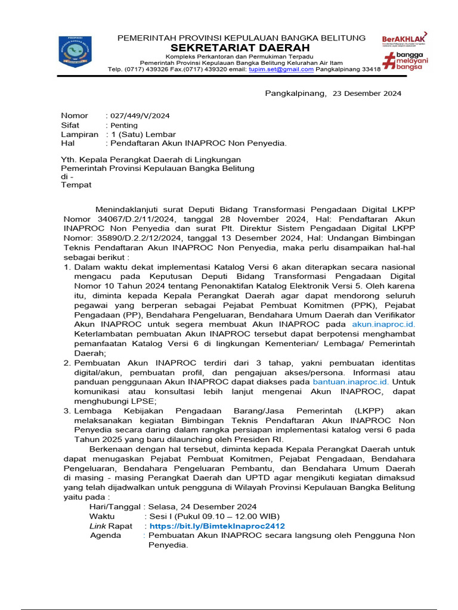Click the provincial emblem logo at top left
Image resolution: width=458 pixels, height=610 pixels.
point(75,51)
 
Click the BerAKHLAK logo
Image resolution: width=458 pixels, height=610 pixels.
point(404,40)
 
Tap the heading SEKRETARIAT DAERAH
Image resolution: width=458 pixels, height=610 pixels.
point(241,48)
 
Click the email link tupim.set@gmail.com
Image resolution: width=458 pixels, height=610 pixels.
point(282,69)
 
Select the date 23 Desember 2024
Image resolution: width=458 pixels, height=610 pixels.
point(367,94)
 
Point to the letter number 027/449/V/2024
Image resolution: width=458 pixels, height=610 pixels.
point(137,116)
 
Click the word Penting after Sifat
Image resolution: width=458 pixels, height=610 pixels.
point(123,125)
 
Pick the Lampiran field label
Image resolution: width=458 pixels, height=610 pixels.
point(79,135)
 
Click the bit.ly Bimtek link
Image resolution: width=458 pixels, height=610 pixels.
point(217,527)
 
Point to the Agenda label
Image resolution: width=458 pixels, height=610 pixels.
point(105,536)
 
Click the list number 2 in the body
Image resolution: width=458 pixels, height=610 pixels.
point(67,362)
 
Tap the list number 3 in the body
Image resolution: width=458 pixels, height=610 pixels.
point(67,410)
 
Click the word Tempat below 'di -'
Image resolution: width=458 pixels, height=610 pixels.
point(76,185)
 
